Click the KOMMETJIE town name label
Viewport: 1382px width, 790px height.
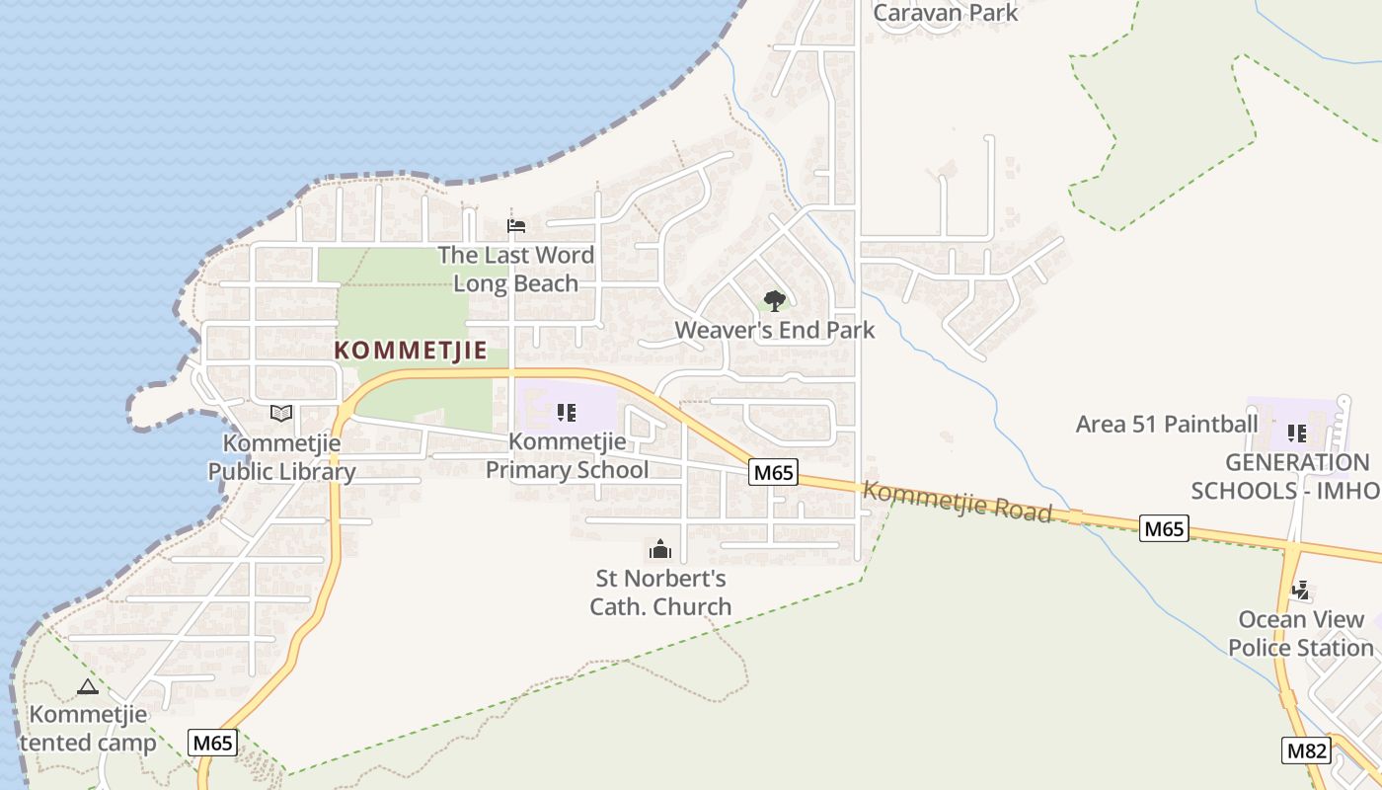[411, 351]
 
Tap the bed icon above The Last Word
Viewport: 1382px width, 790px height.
[516, 226]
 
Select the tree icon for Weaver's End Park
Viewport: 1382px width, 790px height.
[775, 300]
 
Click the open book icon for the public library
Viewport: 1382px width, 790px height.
[281, 413]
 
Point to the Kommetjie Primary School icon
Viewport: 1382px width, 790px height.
[567, 412]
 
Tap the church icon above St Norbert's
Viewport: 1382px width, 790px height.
[660, 549]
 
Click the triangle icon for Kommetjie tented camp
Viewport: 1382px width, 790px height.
[87, 686]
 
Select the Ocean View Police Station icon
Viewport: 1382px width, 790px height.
[1301, 591]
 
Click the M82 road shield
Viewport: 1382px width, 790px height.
[1306, 750]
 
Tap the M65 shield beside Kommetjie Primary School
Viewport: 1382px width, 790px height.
[773, 473]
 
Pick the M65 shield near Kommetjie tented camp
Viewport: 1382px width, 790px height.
[213, 743]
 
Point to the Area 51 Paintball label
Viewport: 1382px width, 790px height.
[1167, 425]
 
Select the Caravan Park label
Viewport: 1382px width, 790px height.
[946, 13]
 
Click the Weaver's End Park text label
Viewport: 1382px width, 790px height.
[775, 330]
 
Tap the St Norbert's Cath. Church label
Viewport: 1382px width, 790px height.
[660, 592]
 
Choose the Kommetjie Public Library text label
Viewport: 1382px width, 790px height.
[281, 457]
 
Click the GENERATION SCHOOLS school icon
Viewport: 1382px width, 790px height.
[1297, 433]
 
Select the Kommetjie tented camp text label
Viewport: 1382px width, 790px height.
[88, 729]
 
